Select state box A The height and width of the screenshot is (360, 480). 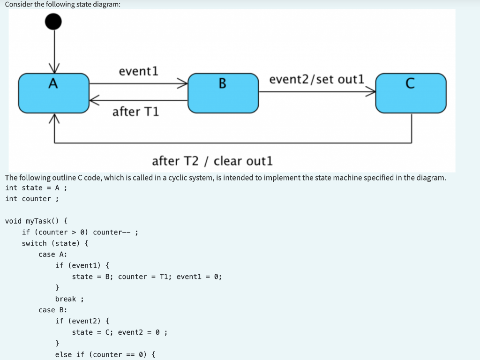pos(53,93)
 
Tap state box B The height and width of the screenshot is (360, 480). pos(223,93)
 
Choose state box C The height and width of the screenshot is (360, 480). pos(411,93)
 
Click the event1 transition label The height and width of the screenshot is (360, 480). pos(138,71)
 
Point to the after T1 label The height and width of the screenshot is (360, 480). pos(135,112)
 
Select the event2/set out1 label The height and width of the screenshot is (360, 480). pos(316,79)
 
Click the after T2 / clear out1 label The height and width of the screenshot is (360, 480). pos(212,161)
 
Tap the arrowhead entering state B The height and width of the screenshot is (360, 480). pos(183,84)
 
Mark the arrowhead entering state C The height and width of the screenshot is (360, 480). pos(371,92)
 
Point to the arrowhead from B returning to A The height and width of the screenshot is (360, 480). pos(94,100)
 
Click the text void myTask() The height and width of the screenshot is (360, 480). pos(37,221)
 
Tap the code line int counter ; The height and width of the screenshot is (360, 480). pos(31,199)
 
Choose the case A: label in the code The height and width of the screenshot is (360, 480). pos(52,254)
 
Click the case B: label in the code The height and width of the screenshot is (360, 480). pos(52,310)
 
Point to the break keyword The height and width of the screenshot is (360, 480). pos(66,299)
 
